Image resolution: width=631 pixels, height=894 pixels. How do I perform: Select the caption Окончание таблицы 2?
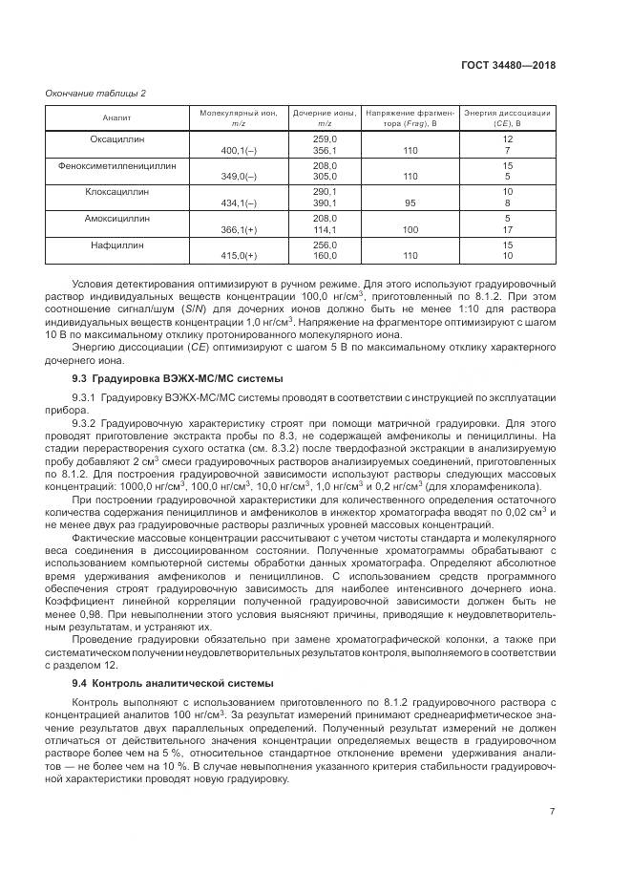pyautogui.click(x=95, y=93)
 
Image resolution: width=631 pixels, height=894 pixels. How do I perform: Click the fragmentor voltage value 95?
pyautogui.click(x=410, y=203)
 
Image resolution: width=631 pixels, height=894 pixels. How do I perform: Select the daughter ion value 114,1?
pyautogui.click(x=325, y=229)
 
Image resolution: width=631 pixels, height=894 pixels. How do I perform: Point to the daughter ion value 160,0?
pyautogui.click(x=325, y=256)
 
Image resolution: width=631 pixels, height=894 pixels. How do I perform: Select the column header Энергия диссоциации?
pyautogui.click(x=507, y=114)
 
